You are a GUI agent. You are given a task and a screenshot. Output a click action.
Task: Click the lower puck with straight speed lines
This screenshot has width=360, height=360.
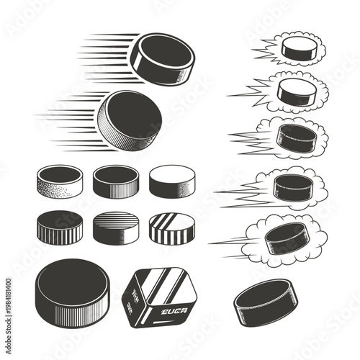pyautogui.click(x=130, y=118)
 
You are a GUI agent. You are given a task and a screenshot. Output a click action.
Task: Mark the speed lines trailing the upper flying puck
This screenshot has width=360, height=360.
pyautogui.click(x=104, y=58)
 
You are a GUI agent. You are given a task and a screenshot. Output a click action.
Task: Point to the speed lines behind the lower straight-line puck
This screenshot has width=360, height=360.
pyautogui.click(x=68, y=119)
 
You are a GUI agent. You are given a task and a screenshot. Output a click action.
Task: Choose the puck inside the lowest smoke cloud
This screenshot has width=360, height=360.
pyautogui.click(x=286, y=238)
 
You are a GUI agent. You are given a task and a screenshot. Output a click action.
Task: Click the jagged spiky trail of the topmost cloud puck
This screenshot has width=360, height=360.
pyautogui.click(x=265, y=50)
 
